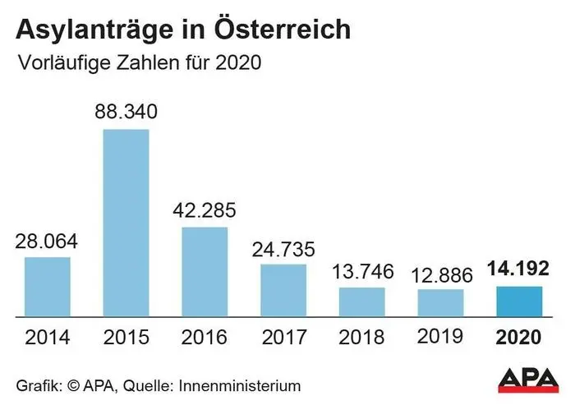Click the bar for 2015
pos(126,222)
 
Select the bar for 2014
pos(47,286)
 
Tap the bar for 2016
pos(204,271)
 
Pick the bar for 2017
pos(283,289)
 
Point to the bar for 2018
pos(361,301)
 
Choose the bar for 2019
pos(440,301)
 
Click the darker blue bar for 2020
pos(518,301)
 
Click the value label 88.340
pos(126,112)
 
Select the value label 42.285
pos(204,209)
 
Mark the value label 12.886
pos(440,272)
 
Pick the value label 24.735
pos(283,246)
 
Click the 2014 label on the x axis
pos(47,337)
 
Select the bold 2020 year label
pos(518,337)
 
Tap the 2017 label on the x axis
pos(283,337)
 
